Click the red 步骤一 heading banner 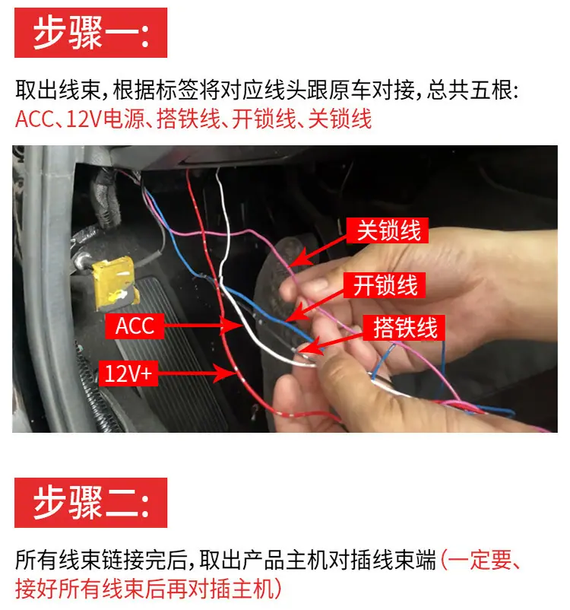(x=90, y=33)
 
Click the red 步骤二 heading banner (x=90, y=503)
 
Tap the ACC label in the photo (x=135, y=326)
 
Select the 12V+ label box (x=128, y=373)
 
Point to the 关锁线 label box (x=388, y=230)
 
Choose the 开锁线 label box (x=384, y=285)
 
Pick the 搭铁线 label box (x=404, y=328)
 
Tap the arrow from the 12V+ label (x=197, y=373)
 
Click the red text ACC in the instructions (x=34, y=119)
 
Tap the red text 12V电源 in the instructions (x=105, y=119)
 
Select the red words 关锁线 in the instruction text (x=340, y=119)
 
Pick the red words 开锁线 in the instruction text (x=264, y=119)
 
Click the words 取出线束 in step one (x=59, y=90)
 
